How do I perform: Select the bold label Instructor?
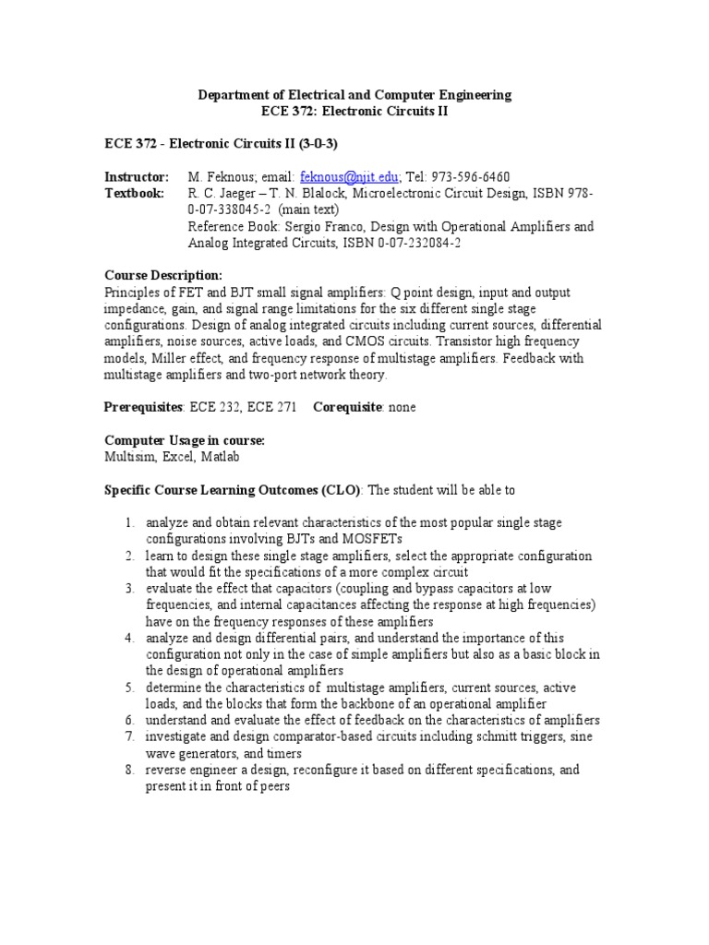coord(137,177)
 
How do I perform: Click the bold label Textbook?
coord(134,194)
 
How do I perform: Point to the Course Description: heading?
coord(163,276)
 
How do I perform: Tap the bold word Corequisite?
coord(347,407)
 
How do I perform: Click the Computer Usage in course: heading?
coord(185,441)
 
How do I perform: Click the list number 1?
coord(130,523)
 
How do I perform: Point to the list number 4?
coord(130,639)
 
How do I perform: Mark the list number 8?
coord(130,770)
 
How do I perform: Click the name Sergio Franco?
coord(313,227)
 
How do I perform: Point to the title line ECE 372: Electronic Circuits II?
coord(355,112)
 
